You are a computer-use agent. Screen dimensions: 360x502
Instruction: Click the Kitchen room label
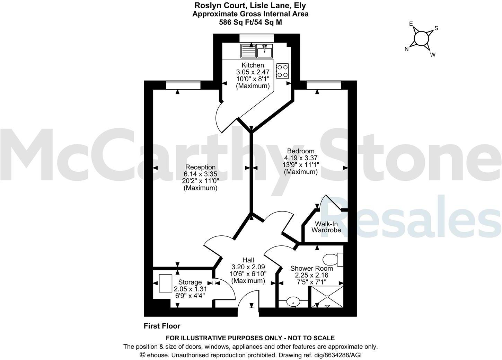(x=253, y=65)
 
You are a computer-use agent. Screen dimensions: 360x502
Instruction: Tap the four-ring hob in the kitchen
(x=283, y=71)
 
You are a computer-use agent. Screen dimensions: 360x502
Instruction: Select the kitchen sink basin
(x=265, y=51)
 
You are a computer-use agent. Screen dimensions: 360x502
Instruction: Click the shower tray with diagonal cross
(x=327, y=297)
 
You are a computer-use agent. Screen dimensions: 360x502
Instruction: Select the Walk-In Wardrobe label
(x=326, y=227)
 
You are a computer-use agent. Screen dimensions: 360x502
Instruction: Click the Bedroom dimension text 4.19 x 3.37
(x=300, y=158)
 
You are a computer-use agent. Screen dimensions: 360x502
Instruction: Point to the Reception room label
(x=200, y=167)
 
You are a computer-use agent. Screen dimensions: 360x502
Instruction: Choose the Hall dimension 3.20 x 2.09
(x=248, y=267)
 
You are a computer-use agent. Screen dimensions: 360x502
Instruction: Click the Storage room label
(x=190, y=282)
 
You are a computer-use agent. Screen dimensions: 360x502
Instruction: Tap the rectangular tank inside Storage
(x=166, y=283)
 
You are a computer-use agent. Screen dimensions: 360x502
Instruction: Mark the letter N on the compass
(x=407, y=49)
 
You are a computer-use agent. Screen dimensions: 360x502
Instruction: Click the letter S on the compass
(x=436, y=28)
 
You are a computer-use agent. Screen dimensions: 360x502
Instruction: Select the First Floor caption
(x=162, y=326)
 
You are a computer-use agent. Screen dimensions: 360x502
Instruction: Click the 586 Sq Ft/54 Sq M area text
(x=250, y=22)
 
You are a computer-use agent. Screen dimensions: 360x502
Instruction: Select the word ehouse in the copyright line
(x=156, y=355)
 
